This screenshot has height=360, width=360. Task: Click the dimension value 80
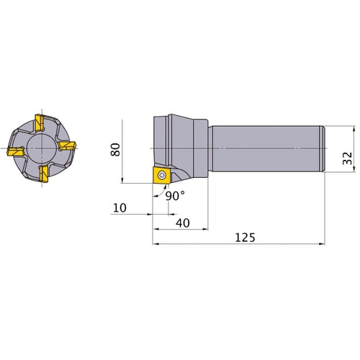tap(115, 150)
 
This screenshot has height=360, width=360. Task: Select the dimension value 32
tap(347, 158)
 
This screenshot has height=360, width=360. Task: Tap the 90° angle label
tap(175, 196)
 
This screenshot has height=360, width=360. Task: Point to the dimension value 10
tap(120, 208)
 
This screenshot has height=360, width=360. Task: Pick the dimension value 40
tap(183, 223)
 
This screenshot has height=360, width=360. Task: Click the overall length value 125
tap(245, 238)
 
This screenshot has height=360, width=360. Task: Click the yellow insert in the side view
tap(162, 176)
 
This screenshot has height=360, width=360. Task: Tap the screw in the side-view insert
tap(162, 175)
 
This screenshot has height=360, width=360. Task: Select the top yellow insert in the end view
tap(40, 122)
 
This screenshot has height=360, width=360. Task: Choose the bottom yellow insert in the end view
tap(44, 174)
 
